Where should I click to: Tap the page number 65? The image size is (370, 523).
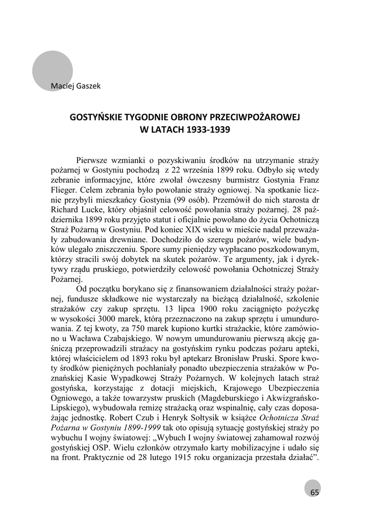coord(314,492)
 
